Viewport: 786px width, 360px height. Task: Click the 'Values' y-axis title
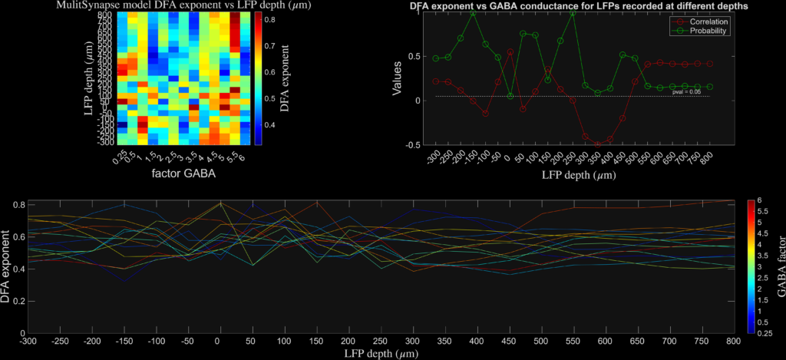[x=397, y=78]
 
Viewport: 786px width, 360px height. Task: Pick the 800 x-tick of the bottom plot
[x=732, y=341]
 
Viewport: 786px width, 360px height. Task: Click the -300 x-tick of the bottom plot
[x=28, y=341]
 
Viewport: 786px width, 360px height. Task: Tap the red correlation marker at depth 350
[x=598, y=144]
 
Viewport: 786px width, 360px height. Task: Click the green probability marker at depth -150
[x=473, y=13]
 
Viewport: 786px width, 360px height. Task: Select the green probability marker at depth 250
[x=573, y=13]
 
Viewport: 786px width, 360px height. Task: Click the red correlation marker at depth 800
[x=709, y=64]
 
